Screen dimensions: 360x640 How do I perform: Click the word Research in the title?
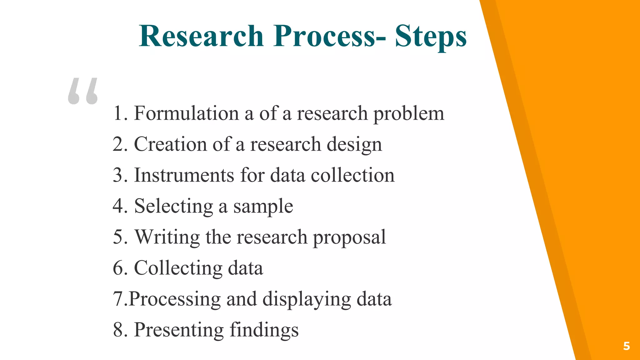point(202,36)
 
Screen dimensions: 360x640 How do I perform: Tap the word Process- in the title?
point(330,36)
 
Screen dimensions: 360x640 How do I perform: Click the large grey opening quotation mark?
point(83,91)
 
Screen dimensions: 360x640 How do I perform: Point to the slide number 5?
point(626,346)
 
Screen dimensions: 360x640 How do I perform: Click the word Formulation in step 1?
point(187,113)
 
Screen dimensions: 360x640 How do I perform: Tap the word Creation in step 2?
point(170,144)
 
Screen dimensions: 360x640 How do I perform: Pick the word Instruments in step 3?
point(184,175)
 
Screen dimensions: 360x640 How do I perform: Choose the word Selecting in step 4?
point(174,207)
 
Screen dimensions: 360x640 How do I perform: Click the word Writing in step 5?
point(167,237)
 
